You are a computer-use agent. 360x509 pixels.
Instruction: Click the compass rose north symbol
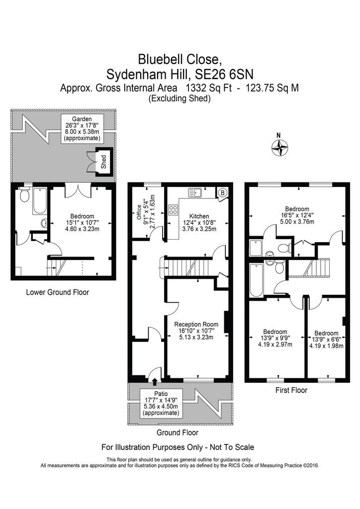pyautogui.click(x=279, y=147)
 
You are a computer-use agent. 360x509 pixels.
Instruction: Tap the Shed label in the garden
pyautogui.click(x=104, y=162)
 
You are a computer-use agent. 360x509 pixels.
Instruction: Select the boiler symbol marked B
pyautogui.click(x=223, y=193)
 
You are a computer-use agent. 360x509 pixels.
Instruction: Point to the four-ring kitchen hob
pyautogui.click(x=173, y=209)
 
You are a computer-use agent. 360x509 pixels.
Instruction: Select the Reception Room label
pyautogui.click(x=196, y=324)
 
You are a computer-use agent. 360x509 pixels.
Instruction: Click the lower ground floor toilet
pyautogui.click(x=24, y=195)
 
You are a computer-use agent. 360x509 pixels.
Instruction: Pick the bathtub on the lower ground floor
pyautogui.click(x=40, y=201)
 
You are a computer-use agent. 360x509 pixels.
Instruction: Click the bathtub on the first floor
pyautogui.click(x=256, y=280)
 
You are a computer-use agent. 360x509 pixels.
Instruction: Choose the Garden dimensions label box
pyautogui.click(x=82, y=129)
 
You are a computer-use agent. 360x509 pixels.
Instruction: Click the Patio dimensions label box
pyautogui.click(x=161, y=403)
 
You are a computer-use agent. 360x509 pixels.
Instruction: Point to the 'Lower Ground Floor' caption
pyautogui.click(x=58, y=292)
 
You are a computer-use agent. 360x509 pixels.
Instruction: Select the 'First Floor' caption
pyautogui.click(x=291, y=390)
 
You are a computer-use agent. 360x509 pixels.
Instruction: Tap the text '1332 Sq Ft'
pyautogui.click(x=208, y=88)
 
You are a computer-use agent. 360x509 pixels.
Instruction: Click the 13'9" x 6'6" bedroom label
pyautogui.click(x=326, y=339)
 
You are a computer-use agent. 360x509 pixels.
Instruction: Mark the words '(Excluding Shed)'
pyautogui.click(x=180, y=98)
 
